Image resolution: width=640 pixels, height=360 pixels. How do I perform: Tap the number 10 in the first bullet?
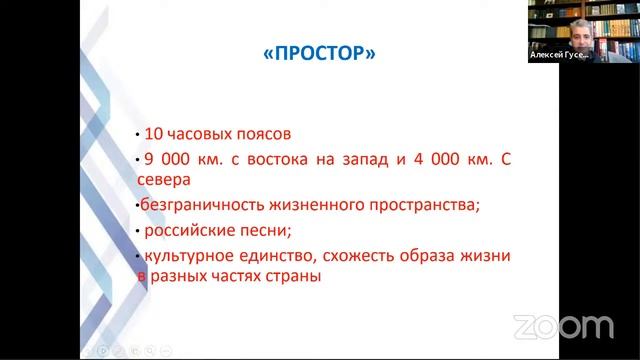click(x=152, y=134)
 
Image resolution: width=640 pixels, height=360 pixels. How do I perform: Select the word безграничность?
click(x=205, y=206)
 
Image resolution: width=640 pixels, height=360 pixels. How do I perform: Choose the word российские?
click(x=188, y=231)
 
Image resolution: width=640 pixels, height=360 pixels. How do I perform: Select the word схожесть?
click(x=380, y=256)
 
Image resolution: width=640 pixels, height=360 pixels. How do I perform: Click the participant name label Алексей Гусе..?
click(x=559, y=56)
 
